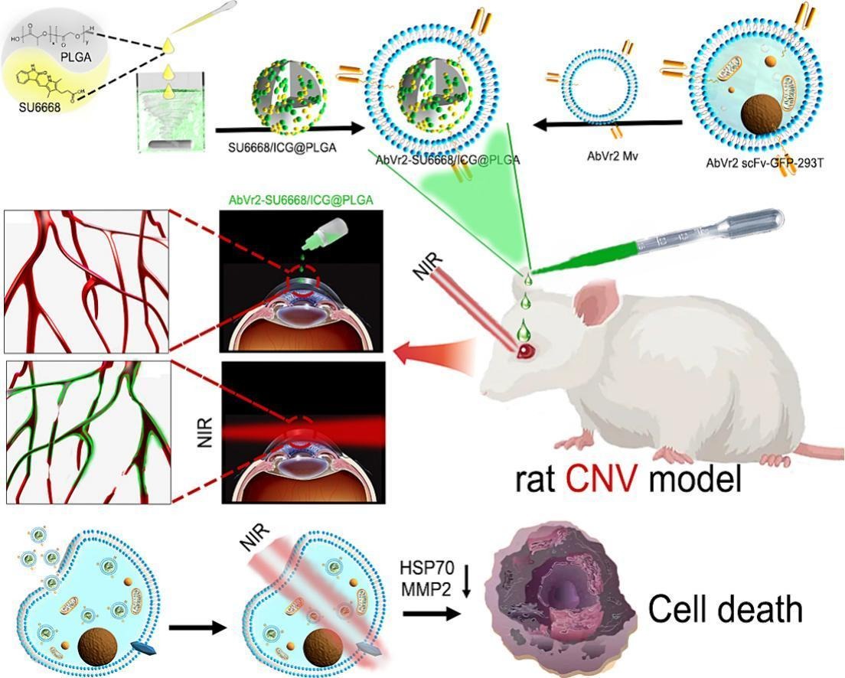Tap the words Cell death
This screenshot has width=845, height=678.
click(x=726, y=609)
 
